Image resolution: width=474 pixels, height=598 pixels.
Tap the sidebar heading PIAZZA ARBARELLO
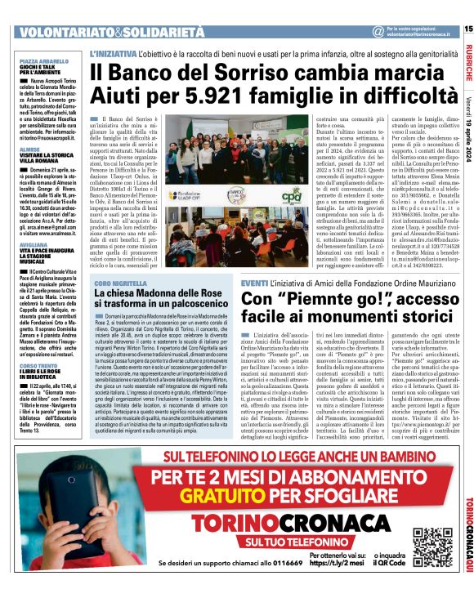pos(42,60)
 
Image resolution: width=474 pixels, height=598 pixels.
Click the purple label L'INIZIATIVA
pos(113,51)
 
